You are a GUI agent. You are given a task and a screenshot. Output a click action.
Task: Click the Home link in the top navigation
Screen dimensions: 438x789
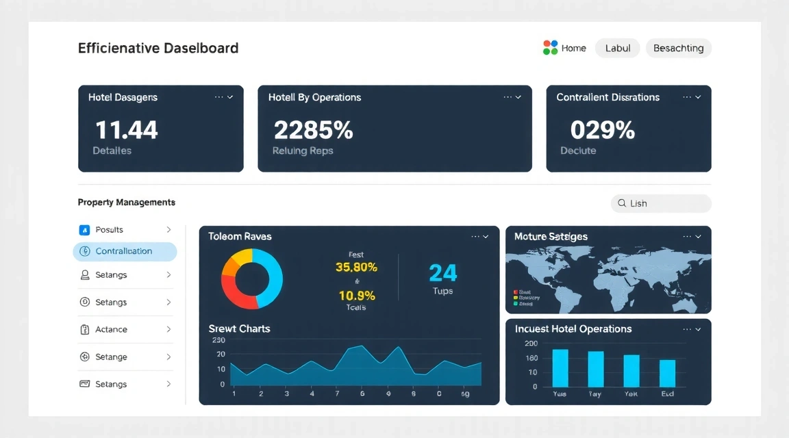(x=573, y=48)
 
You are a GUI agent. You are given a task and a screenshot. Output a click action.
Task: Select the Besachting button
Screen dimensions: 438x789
(x=678, y=48)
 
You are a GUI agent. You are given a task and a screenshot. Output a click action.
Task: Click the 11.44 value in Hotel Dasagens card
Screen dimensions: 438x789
(x=126, y=129)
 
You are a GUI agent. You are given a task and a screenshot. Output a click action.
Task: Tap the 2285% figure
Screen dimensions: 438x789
(x=313, y=129)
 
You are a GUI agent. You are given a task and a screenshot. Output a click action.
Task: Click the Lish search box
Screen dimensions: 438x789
(x=660, y=203)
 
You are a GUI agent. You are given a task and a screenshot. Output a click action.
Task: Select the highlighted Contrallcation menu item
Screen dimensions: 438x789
(x=124, y=251)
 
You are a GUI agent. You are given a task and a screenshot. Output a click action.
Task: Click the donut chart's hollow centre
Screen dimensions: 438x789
(x=251, y=279)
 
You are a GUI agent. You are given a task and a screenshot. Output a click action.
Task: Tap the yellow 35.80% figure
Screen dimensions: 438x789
(x=356, y=268)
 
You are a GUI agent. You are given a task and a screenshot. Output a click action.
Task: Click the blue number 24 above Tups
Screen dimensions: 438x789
(x=442, y=273)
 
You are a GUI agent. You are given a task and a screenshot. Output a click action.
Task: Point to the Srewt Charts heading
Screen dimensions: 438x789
(x=239, y=328)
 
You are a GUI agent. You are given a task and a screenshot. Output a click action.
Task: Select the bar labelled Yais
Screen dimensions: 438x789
(x=560, y=368)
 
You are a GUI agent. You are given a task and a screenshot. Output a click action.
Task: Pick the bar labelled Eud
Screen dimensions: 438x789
(x=667, y=373)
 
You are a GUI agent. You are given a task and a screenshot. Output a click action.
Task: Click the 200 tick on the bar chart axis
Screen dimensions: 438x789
(x=531, y=344)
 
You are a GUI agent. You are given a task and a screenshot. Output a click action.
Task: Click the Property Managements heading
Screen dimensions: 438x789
(x=127, y=203)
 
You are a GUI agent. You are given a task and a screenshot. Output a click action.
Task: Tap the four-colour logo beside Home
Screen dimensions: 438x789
(x=550, y=47)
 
